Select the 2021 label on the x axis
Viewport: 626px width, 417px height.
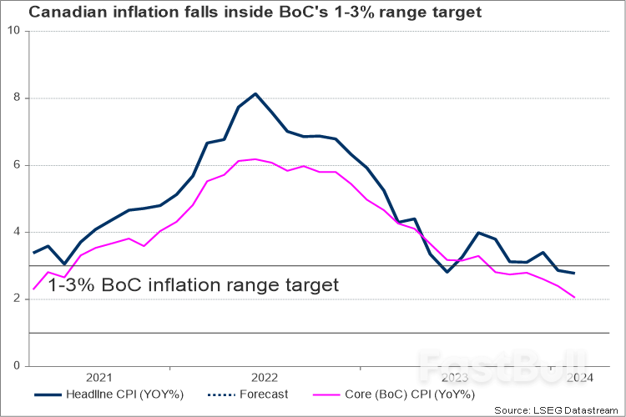[x=99, y=377]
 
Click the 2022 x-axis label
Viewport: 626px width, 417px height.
[x=265, y=377]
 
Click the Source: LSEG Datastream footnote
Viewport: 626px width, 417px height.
[x=558, y=410]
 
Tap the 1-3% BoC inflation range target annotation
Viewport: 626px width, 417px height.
[x=194, y=284]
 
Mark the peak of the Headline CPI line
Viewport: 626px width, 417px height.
[x=255, y=93]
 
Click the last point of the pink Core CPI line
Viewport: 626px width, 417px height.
[x=574, y=297]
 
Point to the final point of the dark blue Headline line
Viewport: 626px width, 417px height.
[x=574, y=273]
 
